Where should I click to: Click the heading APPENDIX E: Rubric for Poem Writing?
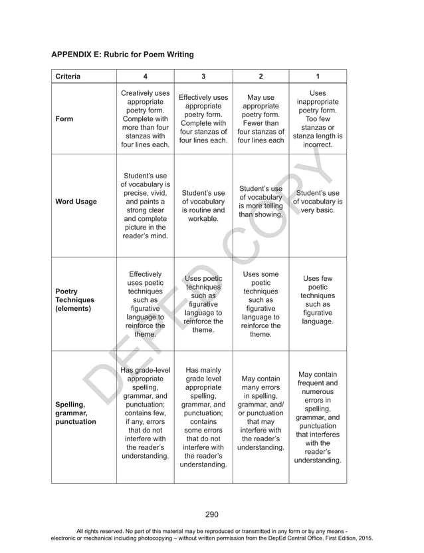pyautogui.click(x=122, y=54)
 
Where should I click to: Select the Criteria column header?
pyautogui.click(x=67, y=76)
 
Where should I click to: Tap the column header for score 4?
pyautogui.click(x=145, y=76)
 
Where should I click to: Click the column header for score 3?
pyautogui.click(x=203, y=76)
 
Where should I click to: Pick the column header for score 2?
pyautogui.click(x=261, y=76)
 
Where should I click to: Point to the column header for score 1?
pyautogui.click(x=318, y=76)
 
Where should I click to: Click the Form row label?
pyautogui.click(x=65, y=119)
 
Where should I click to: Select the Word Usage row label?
pyautogui.click(x=76, y=202)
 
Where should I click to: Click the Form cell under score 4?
pyautogui.click(x=145, y=119)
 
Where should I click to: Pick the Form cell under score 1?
pyautogui.click(x=318, y=119)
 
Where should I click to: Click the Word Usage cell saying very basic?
pyautogui.click(x=318, y=202)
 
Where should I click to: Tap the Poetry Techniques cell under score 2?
pyautogui.click(x=261, y=304)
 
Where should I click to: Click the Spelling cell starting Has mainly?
pyautogui.click(x=203, y=417)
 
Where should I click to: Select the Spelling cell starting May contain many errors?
pyautogui.click(x=261, y=413)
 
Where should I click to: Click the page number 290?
pyautogui.click(x=211, y=514)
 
